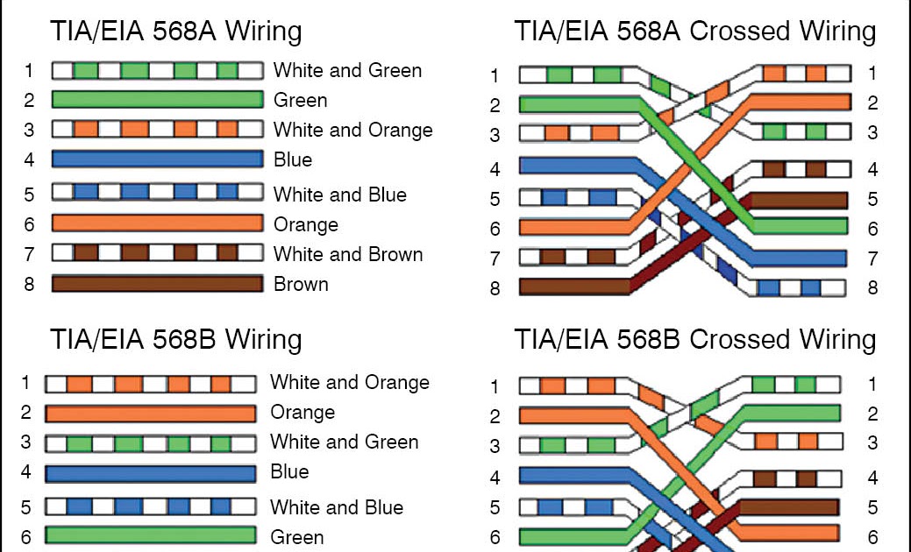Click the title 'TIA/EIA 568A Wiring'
point(175,32)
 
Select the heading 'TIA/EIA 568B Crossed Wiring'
point(695,340)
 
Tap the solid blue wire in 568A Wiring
point(158,159)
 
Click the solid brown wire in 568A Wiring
point(158,284)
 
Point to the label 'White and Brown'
point(348,254)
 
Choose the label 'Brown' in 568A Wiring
point(301,285)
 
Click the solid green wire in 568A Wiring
point(158,99)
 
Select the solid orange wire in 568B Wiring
point(151,414)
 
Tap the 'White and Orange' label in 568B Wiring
point(350,383)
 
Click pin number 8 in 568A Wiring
point(29,285)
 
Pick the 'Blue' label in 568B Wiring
point(289,471)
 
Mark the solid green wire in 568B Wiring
point(151,535)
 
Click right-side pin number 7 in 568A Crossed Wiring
point(872,258)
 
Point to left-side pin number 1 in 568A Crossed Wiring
point(495,76)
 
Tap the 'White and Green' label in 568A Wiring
point(347,70)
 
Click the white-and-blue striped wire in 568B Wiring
point(151,506)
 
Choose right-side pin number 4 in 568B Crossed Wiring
point(872,478)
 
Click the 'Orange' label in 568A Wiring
point(306,224)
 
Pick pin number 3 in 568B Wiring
point(25,442)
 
